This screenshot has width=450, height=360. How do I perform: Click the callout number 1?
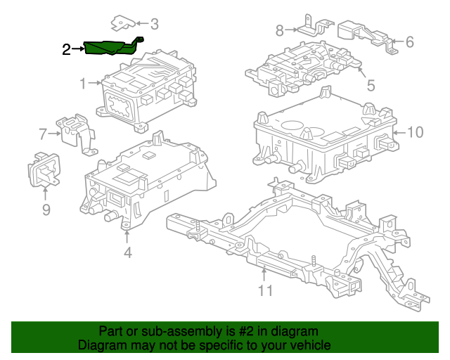point(82,84)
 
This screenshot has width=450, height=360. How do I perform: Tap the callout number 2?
point(66,49)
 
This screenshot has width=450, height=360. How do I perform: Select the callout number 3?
point(154,25)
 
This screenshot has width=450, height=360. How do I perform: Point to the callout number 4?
point(127,252)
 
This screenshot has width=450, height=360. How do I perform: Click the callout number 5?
point(371,86)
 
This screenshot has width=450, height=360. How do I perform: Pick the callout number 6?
point(410,42)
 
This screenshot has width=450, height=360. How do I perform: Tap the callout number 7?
point(43,132)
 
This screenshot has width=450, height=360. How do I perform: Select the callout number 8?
point(279,30)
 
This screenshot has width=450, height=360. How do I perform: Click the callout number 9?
point(46,209)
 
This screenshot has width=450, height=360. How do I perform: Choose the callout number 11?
point(264,290)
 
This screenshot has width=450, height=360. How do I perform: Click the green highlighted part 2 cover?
point(109,48)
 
